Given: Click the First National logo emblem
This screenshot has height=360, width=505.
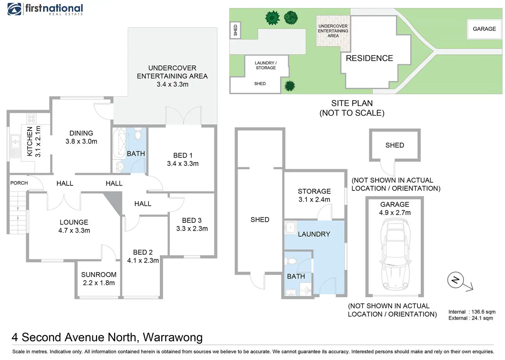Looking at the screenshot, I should pyautogui.click(x=14, y=9).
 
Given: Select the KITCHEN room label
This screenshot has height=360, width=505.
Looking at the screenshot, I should pyautogui.click(x=30, y=141).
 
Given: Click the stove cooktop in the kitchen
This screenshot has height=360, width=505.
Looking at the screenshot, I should pyautogui.click(x=31, y=119).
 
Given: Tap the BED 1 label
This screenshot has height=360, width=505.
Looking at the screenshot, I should pyautogui.click(x=183, y=155).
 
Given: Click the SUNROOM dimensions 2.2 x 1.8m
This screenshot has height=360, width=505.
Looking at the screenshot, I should pyautogui.click(x=99, y=283).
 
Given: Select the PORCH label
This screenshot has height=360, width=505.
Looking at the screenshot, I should pyautogui.click(x=19, y=183).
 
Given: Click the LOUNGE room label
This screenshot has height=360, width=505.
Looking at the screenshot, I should pyautogui.click(x=74, y=222).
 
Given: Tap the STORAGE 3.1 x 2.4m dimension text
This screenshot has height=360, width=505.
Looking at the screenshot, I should pyautogui.click(x=314, y=200).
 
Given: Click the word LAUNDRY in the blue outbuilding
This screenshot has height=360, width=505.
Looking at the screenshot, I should pyautogui.click(x=314, y=234).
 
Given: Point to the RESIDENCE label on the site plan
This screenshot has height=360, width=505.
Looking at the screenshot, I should pyautogui.click(x=369, y=58).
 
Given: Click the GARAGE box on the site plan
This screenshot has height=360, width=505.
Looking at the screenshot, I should pyautogui.click(x=484, y=29).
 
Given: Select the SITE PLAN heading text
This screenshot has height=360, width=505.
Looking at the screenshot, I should pyautogui.click(x=352, y=103).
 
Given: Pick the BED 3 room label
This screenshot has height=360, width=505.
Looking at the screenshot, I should pyautogui.click(x=192, y=220).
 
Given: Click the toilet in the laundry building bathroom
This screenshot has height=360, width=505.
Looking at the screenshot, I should pyautogui.click(x=292, y=261).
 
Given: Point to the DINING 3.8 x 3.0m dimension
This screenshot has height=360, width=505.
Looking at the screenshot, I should pyautogui.click(x=81, y=141).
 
